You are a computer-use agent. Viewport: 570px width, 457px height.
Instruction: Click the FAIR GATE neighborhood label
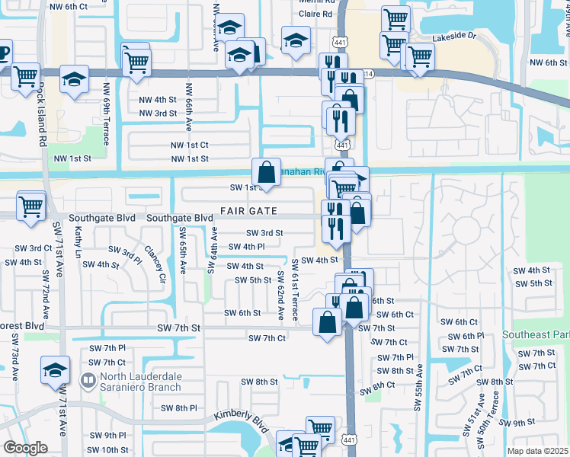coord(248,210)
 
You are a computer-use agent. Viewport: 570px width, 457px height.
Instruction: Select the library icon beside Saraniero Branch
coord(88,379)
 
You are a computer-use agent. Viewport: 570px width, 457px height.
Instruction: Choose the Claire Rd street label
coord(316,14)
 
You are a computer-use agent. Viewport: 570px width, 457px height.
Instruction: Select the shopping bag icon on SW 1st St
coord(266,172)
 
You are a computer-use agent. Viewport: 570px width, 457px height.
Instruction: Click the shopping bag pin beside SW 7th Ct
coord(328,321)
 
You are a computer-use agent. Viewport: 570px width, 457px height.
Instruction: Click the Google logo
coord(25,448)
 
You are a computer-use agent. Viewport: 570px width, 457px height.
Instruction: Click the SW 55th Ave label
coord(418,389)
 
